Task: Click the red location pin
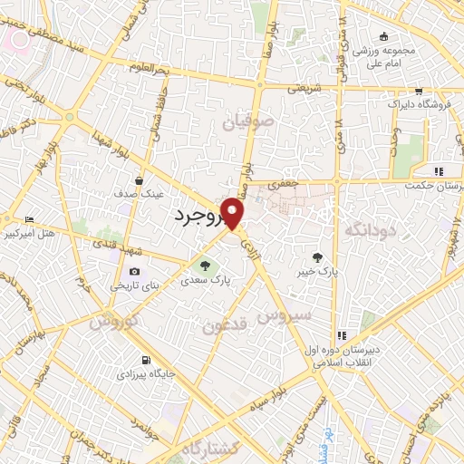(233, 214)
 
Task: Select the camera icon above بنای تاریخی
(134, 272)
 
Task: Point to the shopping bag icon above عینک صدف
(138, 179)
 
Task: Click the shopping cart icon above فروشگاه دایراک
(418, 91)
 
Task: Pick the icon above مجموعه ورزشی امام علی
(384, 36)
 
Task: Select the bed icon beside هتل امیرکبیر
(28, 219)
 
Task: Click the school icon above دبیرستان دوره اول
(342, 335)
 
